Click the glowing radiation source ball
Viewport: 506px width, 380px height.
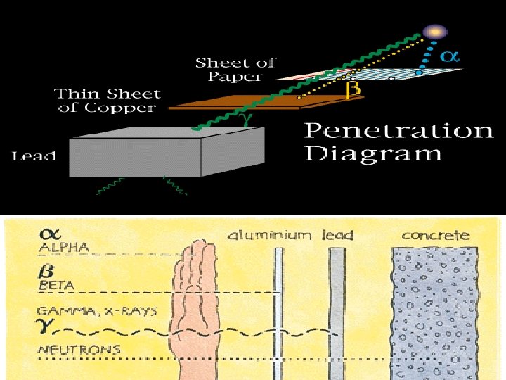coord(435,32)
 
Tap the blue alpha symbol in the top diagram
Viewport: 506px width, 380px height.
coord(450,57)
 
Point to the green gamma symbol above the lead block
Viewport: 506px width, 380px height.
coord(247,120)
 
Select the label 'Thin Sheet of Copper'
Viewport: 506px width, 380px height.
coord(107,101)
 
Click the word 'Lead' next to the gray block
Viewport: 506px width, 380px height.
coord(33,156)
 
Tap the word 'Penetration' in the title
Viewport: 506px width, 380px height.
coord(398,131)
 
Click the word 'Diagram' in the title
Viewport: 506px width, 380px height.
coord(373,153)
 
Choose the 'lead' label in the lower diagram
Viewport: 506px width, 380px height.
coord(337,235)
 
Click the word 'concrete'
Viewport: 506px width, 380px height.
coord(434,235)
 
